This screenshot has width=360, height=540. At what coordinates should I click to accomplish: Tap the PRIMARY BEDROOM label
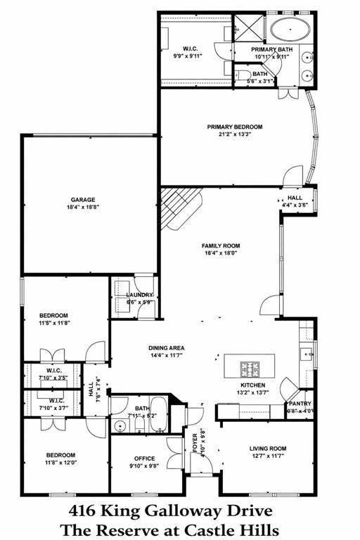(x=234, y=127)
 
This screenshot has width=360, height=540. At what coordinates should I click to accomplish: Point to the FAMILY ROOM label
(x=221, y=246)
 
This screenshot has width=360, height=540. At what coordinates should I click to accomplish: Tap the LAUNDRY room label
(x=139, y=295)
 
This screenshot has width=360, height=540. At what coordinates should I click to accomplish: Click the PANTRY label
(x=300, y=404)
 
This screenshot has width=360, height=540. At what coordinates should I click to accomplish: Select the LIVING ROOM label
(x=268, y=448)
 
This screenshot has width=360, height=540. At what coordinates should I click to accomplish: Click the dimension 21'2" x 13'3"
(x=234, y=135)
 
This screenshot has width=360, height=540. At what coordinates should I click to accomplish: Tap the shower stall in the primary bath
(x=248, y=27)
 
